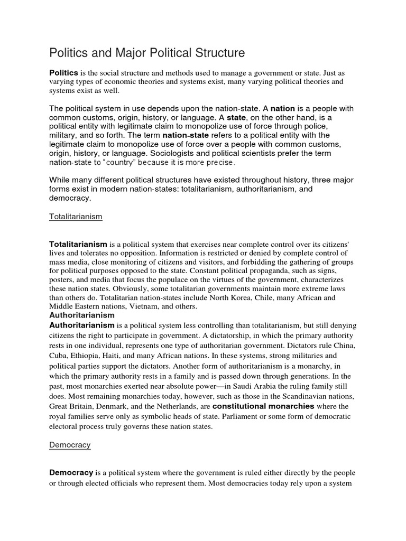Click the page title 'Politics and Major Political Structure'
[147, 53]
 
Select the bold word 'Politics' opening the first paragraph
[64, 72]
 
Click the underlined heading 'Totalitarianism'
[76, 217]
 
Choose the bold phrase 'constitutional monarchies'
[263, 407]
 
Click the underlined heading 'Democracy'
[70, 445]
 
